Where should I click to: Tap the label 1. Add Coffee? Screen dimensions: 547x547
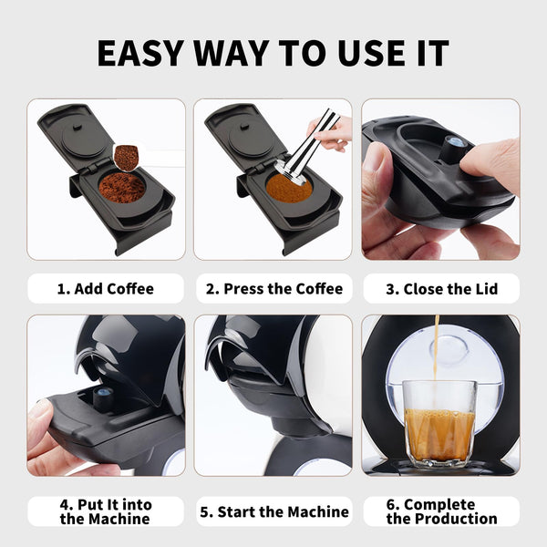[106, 289]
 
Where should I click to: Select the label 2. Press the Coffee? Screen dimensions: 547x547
[273, 289]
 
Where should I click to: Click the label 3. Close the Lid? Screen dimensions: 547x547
[441, 289]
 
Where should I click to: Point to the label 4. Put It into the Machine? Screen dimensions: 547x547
[106, 511]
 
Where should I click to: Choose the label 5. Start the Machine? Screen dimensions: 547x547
[273, 511]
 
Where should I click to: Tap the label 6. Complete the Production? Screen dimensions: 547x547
[441, 511]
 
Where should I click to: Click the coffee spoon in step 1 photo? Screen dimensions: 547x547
[126, 158]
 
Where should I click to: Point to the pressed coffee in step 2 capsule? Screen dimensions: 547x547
[288, 189]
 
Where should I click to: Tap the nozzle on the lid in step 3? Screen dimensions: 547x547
[453, 143]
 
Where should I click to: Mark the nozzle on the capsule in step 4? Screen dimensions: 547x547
[101, 396]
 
